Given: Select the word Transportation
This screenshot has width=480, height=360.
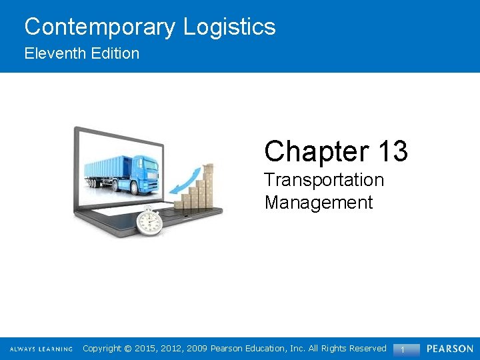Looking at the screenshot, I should (x=324, y=180).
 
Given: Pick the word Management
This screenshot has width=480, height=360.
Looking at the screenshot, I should (x=319, y=202).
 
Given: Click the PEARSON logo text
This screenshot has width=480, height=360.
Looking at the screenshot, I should (x=450, y=349).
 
